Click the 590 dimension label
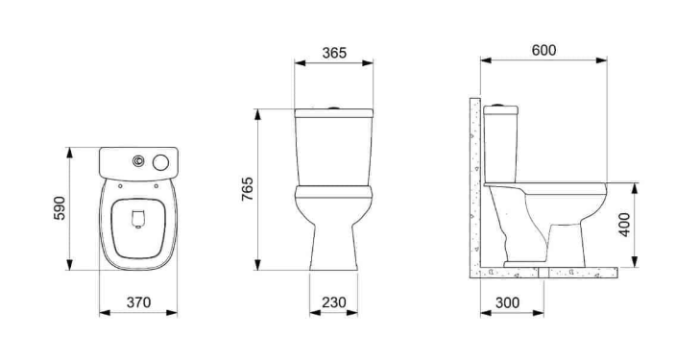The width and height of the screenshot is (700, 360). tap(60, 208)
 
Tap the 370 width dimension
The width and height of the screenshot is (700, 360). tap(138, 302)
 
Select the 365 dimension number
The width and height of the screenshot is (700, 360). tap(334, 53)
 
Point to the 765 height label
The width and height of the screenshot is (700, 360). tap(248, 189)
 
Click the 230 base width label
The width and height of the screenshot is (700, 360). tap(334, 302)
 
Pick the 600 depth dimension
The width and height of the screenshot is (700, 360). tap(544, 51)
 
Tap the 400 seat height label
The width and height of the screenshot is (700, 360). tap(624, 225)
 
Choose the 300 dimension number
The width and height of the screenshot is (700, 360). tap(508, 302)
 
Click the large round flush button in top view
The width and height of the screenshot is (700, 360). tap(160, 162)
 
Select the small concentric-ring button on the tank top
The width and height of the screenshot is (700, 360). tap(138, 160)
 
